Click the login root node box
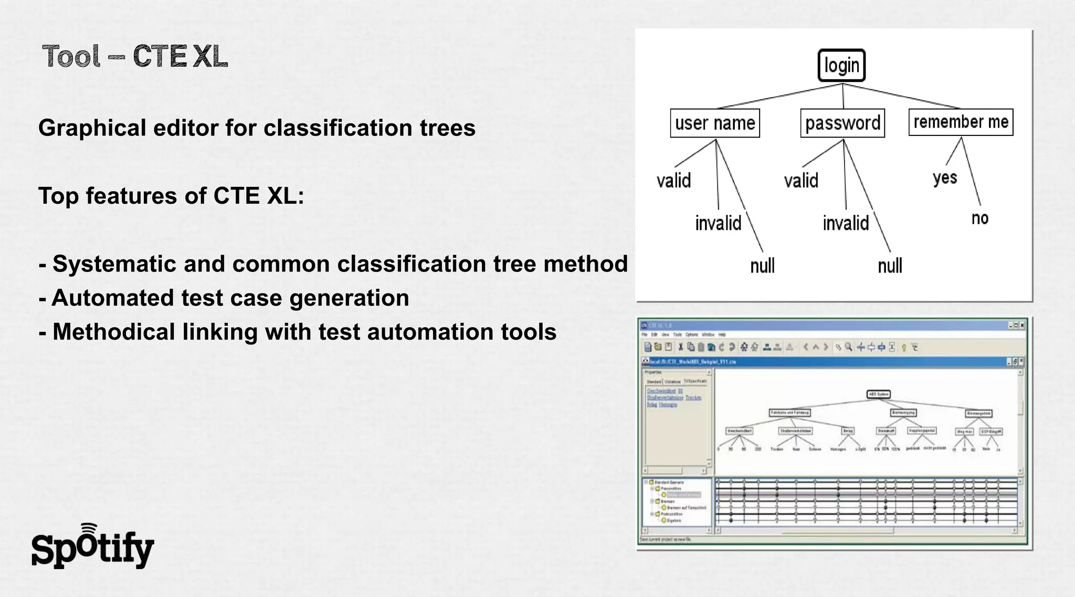pyautogui.click(x=841, y=66)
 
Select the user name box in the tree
pyautogui.click(x=715, y=123)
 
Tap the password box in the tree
pyautogui.click(x=842, y=123)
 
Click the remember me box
pyautogui.click(x=961, y=122)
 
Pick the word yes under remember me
pyautogui.click(x=945, y=178)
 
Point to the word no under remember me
pyautogui.click(x=979, y=218)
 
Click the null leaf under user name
pyautogui.click(x=762, y=266)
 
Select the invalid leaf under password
pyautogui.click(x=846, y=223)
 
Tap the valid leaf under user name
pyautogui.click(x=673, y=181)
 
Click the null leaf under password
pyautogui.click(x=890, y=266)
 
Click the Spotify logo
pyautogui.click(x=93, y=547)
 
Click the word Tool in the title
pyautogui.click(x=71, y=56)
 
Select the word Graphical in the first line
pyautogui.click(x=92, y=128)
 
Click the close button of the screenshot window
pyautogui.click(x=1022, y=326)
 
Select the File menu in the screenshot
pyautogui.click(x=645, y=334)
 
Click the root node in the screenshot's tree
pyautogui.click(x=878, y=394)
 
